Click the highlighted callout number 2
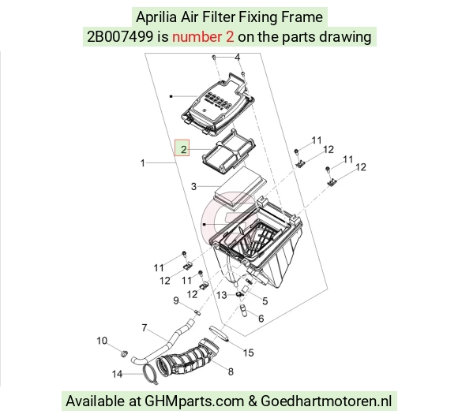[183, 150]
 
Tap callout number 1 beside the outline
[143, 162]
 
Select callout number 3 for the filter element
[193, 186]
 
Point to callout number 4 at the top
[238, 57]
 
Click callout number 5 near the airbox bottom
[265, 300]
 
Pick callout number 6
[261, 319]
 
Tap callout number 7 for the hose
[145, 327]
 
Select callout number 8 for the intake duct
[231, 371]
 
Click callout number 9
[176, 300]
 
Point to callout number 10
[102, 341]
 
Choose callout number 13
[222, 295]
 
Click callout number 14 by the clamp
[117, 374]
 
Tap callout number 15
[248, 353]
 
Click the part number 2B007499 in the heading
[120, 37]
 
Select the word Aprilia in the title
[156, 17]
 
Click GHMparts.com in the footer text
[194, 401]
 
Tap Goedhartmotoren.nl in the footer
[326, 401]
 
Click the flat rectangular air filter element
[240, 187]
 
